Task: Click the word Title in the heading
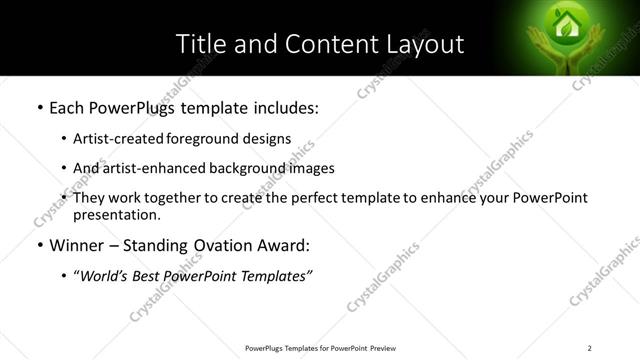coord(200,44)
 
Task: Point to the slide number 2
coord(590,348)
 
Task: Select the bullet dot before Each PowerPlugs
coord(39,106)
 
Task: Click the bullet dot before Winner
coord(39,244)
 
